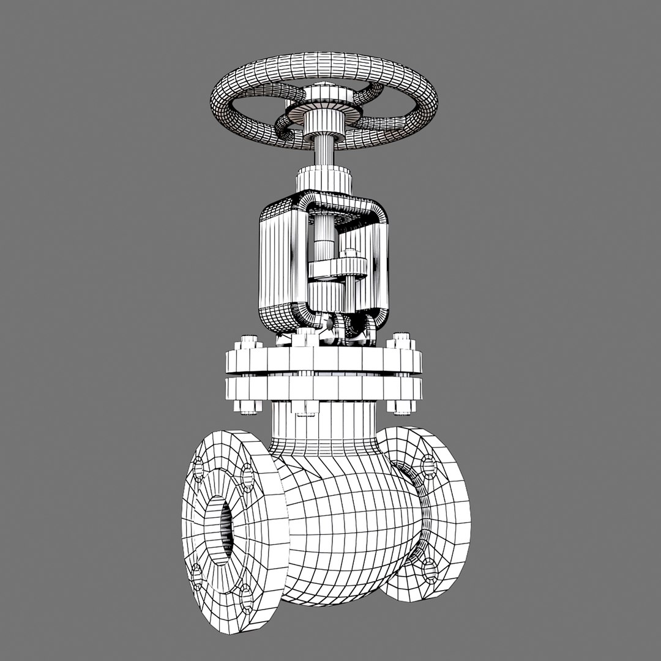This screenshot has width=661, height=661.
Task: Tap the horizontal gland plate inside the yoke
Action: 337,267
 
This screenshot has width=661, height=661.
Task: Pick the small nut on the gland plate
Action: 349,253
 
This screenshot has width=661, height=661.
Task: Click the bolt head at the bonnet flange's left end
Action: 248,342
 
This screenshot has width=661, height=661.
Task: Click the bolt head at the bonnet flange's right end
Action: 401,341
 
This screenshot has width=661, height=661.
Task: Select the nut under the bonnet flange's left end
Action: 248,406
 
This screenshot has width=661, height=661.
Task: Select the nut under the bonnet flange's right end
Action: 401,406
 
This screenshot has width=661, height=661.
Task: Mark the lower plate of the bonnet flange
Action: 324,387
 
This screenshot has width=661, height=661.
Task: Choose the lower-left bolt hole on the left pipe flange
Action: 196,575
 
